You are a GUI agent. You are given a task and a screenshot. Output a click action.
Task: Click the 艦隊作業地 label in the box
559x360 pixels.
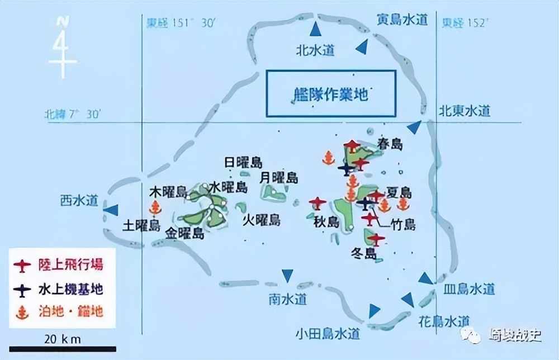[x=331, y=94]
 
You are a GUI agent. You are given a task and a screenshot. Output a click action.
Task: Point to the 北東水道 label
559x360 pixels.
[x=464, y=111]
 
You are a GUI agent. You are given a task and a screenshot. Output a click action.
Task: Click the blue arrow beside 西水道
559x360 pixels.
[x=111, y=210]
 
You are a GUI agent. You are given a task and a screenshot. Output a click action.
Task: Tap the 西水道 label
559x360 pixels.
[x=79, y=200]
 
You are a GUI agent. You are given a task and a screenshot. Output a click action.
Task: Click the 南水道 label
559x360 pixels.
[x=287, y=300]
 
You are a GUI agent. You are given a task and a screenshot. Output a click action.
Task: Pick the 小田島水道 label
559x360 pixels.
[x=328, y=334]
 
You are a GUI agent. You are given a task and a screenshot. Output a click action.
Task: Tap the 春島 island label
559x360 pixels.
[x=389, y=144]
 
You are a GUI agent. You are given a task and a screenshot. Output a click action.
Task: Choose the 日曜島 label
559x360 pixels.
[x=243, y=163]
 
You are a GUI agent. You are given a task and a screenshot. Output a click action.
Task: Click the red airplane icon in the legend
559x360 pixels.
[x=22, y=266]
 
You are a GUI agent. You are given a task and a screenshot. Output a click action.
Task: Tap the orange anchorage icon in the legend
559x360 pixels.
[x=22, y=311]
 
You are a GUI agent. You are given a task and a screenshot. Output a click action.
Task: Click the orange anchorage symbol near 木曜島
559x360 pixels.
[x=156, y=208]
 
